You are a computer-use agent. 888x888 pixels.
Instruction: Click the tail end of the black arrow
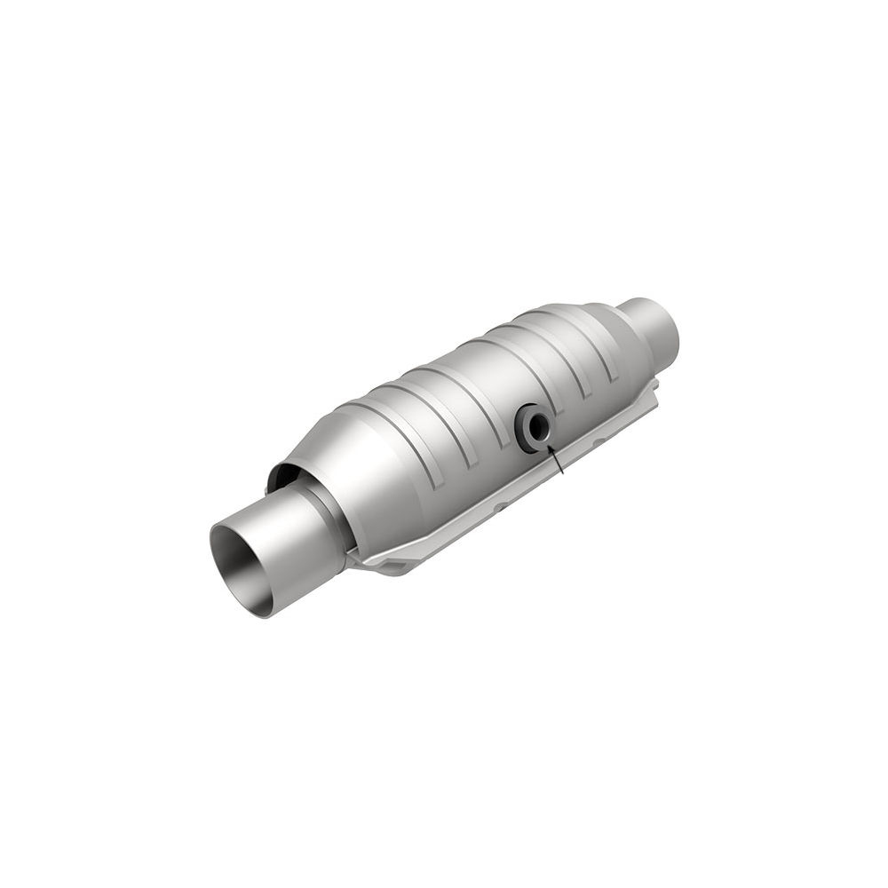point(564,474)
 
